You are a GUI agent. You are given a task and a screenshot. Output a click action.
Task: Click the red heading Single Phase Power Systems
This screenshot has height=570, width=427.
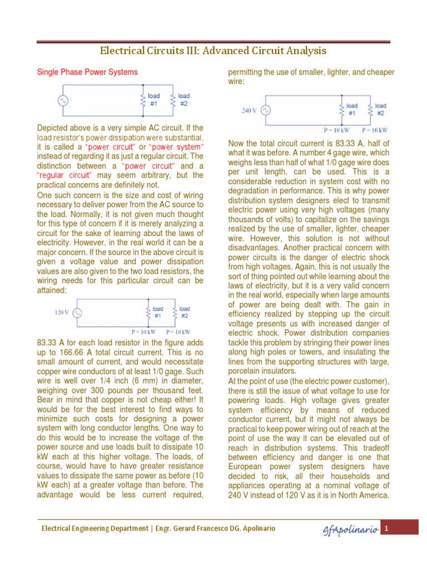pyautogui.click(x=87, y=72)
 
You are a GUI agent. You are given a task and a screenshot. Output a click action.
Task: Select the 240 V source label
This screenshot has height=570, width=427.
pyautogui.click(x=250, y=110)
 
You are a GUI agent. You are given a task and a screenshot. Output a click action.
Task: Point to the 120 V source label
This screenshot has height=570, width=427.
pyautogui.click(x=61, y=312)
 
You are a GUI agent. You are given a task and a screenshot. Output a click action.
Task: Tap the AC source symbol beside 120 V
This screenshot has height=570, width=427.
pyautogui.click(x=76, y=313)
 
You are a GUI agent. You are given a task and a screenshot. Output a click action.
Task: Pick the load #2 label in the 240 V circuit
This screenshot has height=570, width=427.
pyautogui.click(x=380, y=109)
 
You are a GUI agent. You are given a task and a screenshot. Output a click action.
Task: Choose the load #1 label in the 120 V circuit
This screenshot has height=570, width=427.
pyautogui.click(x=158, y=312)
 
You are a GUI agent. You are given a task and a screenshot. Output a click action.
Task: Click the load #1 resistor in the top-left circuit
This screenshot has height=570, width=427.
pyautogui.click(x=143, y=101)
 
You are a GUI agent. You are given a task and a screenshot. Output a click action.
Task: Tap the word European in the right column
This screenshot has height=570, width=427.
pyautogui.click(x=249, y=465)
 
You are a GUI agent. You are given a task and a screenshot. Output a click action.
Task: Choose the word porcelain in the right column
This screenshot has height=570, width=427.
pyautogui.click(x=247, y=371)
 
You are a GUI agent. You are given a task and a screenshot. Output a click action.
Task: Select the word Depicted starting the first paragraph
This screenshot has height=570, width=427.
pyautogui.click(x=53, y=128)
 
